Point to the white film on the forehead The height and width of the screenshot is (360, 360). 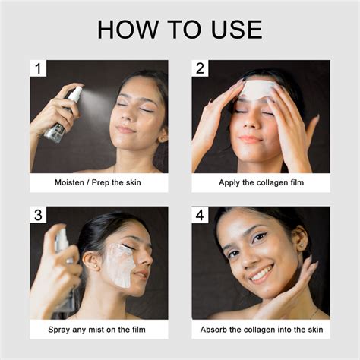257,89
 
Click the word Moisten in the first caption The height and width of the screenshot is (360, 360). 73,183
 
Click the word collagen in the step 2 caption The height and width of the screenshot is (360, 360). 267,183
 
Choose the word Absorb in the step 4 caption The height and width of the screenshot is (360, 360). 216,330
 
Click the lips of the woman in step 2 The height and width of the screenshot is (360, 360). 251,138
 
